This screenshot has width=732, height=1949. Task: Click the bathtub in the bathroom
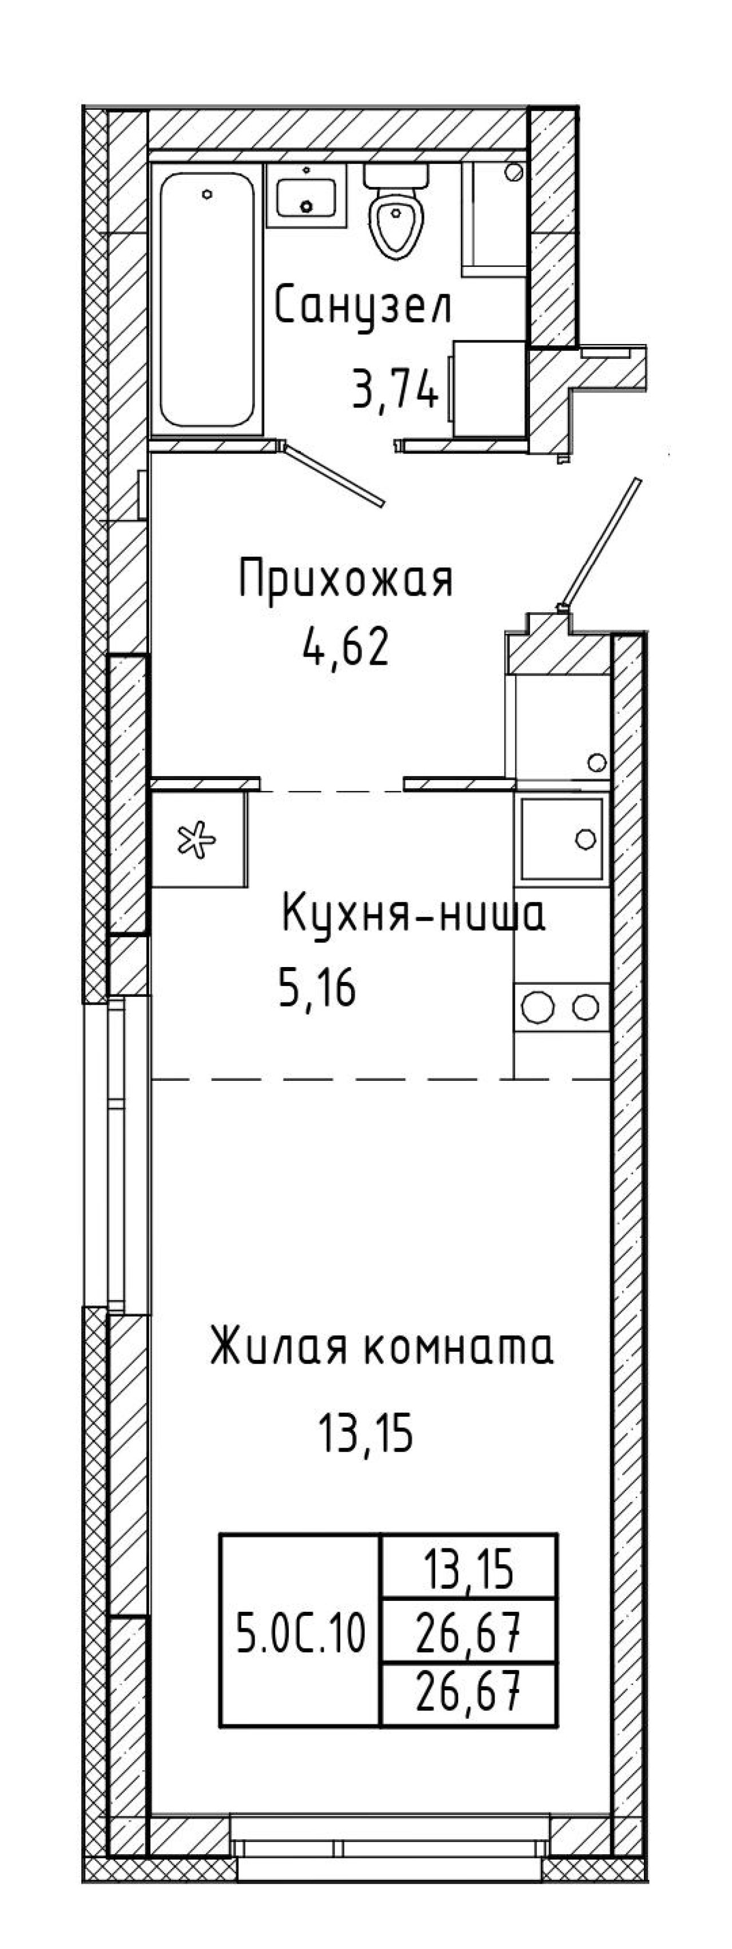pos(206,299)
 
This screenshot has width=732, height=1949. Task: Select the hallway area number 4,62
pos(346,648)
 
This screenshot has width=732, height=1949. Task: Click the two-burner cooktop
pos(562,1007)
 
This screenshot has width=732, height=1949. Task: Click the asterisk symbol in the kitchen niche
pos(197,841)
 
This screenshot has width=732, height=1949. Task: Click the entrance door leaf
pos(601,542)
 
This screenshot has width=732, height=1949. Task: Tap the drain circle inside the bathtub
pos(206,194)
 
